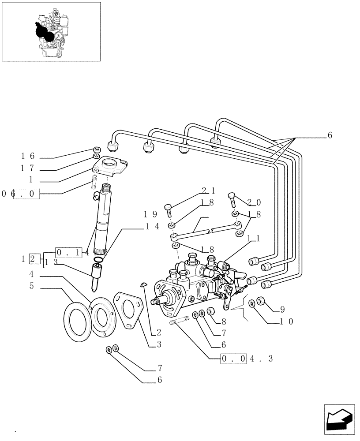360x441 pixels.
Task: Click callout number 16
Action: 28,157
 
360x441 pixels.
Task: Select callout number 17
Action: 28,168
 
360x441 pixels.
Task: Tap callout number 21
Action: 209,191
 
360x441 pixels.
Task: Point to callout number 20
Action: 254,202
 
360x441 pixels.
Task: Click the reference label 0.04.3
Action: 247,359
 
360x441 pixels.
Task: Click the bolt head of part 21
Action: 168,206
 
